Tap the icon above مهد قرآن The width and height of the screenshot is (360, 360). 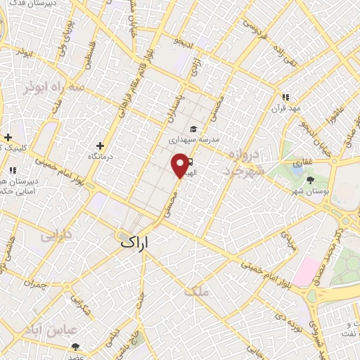285,98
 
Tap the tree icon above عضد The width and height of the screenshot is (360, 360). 76,347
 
